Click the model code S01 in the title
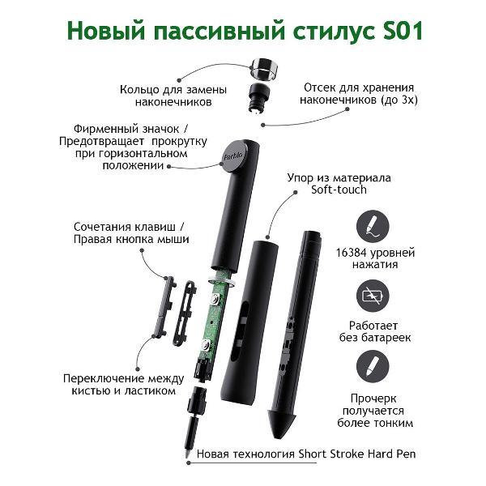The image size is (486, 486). pyautogui.click(x=403, y=31)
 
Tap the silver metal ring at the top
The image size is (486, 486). pyautogui.click(x=263, y=68)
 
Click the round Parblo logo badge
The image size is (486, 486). pyautogui.click(x=233, y=156)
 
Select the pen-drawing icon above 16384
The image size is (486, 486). pyautogui.click(x=373, y=225)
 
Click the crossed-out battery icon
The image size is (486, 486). pyautogui.click(x=373, y=296)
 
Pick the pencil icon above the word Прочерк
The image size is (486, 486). pyautogui.click(x=373, y=366)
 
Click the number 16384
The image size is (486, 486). pyautogui.click(x=352, y=253)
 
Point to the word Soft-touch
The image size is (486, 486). pyautogui.click(x=339, y=190)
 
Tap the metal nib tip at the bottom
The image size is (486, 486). pyautogui.click(x=188, y=454)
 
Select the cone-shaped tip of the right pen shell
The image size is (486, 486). pyautogui.click(x=281, y=423)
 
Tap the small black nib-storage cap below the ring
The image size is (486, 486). pyautogui.click(x=258, y=97)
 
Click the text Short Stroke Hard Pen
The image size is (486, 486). pyautogui.click(x=356, y=454)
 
